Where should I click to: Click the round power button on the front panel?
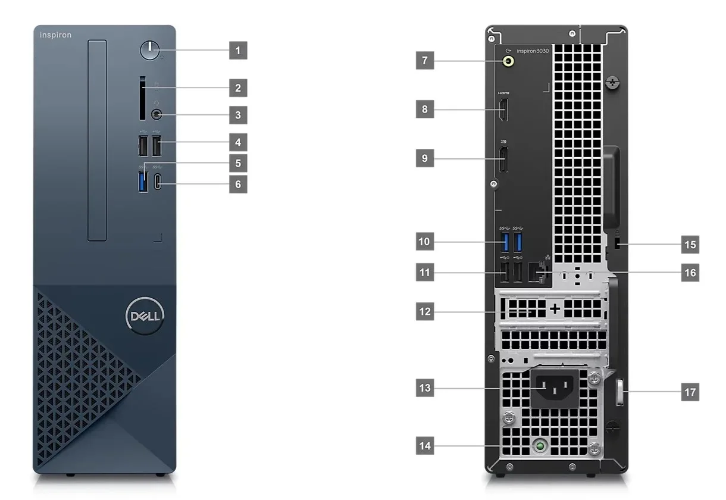pyautogui.click(x=151, y=51)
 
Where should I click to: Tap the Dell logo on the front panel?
pyautogui.click(x=143, y=315)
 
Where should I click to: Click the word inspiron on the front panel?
pyautogui.click(x=55, y=35)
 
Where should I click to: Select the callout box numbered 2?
pyautogui.click(x=238, y=89)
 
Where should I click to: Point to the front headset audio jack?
pyautogui.click(x=157, y=114)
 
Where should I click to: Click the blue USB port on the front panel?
pyautogui.click(x=142, y=182)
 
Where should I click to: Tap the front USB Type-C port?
pyautogui.click(x=158, y=182)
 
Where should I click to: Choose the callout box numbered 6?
pyautogui.click(x=238, y=184)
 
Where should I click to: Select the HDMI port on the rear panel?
pyautogui.click(x=503, y=111)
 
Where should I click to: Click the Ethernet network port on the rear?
pyautogui.click(x=540, y=273)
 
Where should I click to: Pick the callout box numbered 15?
pyautogui.click(x=690, y=244)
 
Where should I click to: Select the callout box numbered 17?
pyautogui.click(x=690, y=392)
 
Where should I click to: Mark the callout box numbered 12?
pyautogui.click(x=425, y=311)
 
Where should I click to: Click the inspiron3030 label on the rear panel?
pyautogui.click(x=533, y=51)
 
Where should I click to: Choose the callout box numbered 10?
pyautogui.click(x=424, y=242)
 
